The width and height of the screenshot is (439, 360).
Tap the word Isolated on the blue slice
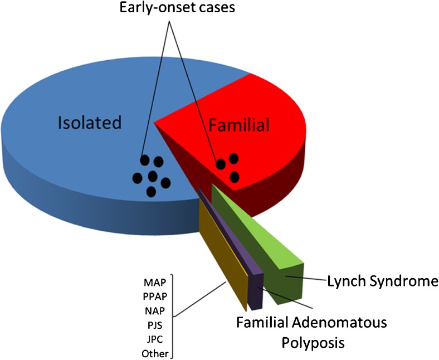pyautogui.click(x=90, y=122)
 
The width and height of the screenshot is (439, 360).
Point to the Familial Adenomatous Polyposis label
pyautogui.click(x=311, y=331)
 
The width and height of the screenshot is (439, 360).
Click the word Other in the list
pyautogui.click(x=155, y=352)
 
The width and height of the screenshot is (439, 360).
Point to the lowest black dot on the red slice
pyautogui.click(x=235, y=177)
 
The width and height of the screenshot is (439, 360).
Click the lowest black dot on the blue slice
pyautogui.click(x=151, y=191)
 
